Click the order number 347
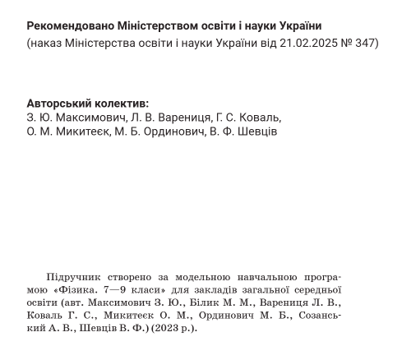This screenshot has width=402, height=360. pyautogui.click(x=363, y=42)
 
